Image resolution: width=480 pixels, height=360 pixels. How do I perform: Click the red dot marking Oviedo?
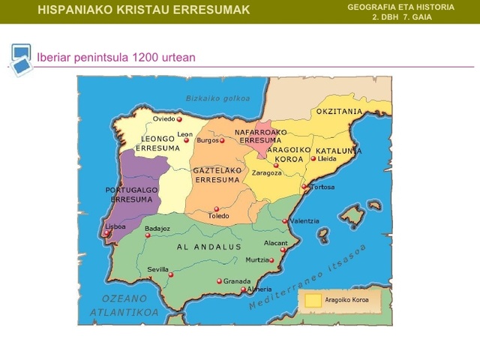(179, 118)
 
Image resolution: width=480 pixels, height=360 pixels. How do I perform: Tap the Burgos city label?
(207, 140)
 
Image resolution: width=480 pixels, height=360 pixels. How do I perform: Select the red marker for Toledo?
(217, 209)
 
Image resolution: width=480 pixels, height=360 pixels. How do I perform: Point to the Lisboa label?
(115, 226)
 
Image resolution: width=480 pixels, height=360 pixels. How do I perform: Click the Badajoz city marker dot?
(148, 235)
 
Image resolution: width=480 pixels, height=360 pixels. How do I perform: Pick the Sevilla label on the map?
(157, 269)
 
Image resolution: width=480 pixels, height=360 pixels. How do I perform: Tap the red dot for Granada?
(220, 281)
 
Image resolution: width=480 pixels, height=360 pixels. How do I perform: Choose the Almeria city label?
(259, 289)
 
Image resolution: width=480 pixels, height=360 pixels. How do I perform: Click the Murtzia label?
(256, 260)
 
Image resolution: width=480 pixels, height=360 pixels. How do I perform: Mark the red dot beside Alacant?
(283, 250)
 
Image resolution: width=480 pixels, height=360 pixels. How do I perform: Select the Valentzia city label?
(304, 221)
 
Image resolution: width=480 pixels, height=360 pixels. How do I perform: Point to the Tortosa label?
(322, 187)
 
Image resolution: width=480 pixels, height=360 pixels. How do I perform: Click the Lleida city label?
(327, 159)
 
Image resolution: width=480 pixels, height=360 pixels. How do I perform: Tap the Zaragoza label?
(266, 172)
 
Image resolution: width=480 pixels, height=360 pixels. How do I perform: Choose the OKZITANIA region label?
(339, 112)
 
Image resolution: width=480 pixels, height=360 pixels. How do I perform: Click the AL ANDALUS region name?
(209, 247)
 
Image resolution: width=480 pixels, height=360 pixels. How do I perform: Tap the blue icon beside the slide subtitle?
(21, 58)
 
